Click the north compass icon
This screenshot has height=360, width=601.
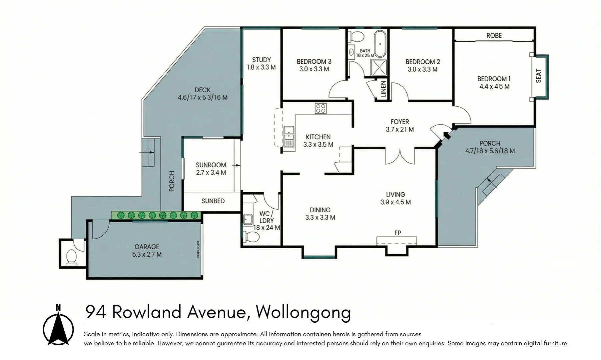pos(58,325)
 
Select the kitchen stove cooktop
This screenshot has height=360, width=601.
pos(321,108)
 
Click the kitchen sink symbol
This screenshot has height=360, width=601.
pos(289,137)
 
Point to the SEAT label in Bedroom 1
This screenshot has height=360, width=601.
pos(538,76)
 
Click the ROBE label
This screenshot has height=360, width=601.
pos(494,35)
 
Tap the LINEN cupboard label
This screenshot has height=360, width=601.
pos(383,89)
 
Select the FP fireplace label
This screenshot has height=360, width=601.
pos(397,233)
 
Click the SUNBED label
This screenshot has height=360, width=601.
pos(213,201)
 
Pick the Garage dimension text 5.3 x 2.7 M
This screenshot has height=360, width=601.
pos(147,254)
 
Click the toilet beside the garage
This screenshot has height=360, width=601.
pos(71,257)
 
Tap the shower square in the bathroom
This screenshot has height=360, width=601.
pos(379,67)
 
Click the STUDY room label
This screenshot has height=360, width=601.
pos(261,60)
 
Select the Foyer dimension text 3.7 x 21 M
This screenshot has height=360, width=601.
pos(399,129)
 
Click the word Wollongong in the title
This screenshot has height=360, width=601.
pos(303,312)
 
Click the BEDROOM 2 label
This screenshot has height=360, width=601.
pos(422,62)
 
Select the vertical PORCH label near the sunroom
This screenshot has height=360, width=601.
pos(172,181)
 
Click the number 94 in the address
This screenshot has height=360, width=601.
pos(96,312)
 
